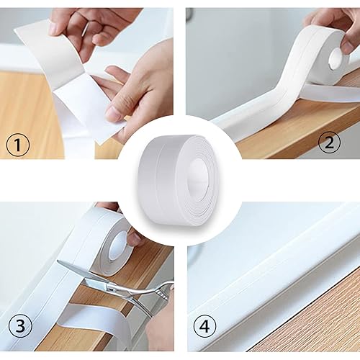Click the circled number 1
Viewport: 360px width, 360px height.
pos(18,145)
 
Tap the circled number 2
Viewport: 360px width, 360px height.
pos(329,142)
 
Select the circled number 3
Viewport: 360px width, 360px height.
pos(20,326)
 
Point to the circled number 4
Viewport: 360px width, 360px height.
pos(204,327)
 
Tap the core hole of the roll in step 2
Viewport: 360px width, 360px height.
pos(336,58)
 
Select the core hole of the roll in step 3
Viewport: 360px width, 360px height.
pos(117,246)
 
